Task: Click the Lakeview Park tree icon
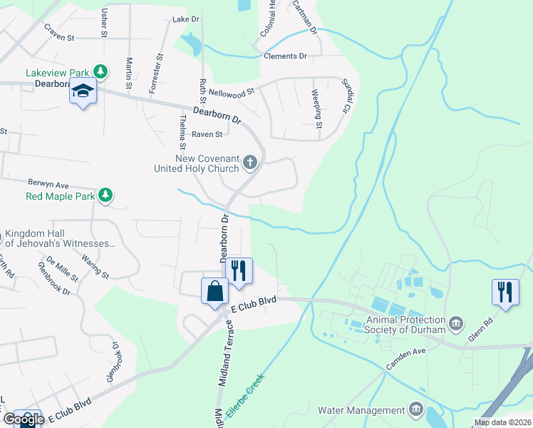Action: pos(102,72)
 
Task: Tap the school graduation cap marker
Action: pos(83,92)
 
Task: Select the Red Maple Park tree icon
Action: pos(105,195)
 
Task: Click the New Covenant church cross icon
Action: pos(249,163)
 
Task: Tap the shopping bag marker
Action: pos(215,291)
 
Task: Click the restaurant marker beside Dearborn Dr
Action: pos(239,270)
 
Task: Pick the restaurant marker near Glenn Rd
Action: pos(505,292)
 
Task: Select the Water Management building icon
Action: pos(415,409)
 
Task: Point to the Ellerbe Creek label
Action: pos(245,396)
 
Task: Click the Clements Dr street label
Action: pos(284,56)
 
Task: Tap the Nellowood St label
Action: pos(227,92)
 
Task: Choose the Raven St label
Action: pos(207,133)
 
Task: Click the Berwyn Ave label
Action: pos(48,183)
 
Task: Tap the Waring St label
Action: pos(95,265)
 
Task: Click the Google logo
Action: pos(23,419)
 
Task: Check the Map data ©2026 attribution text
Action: pos(502,422)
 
